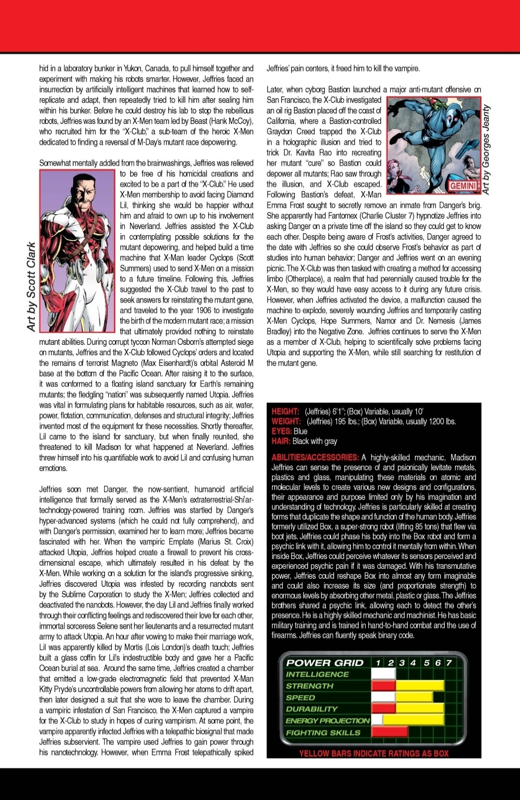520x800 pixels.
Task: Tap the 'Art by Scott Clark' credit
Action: [32, 286]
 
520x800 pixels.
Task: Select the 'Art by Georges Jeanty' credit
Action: [486, 150]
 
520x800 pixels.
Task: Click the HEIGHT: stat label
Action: [285, 412]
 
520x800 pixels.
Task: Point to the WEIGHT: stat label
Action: [286, 422]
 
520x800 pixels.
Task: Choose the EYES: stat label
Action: [281, 431]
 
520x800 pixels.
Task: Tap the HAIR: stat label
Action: [281, 441]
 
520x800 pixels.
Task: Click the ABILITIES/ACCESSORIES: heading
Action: [315, 457]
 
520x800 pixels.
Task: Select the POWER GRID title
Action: [325, 663]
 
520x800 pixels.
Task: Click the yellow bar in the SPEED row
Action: [413, 697]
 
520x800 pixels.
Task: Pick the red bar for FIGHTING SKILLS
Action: [389, 733]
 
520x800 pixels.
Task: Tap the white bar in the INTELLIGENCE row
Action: [383, 674]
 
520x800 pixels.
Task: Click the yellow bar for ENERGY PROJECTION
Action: [413, 720]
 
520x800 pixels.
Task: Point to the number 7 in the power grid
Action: [449, 663]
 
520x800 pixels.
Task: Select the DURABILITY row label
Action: [312, 709]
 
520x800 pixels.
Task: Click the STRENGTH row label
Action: [310, 686]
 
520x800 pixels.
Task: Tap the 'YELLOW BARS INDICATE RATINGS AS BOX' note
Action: [373, 753]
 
